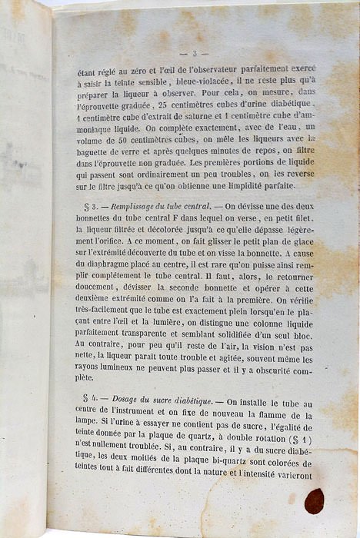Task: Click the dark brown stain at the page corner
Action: point(314,500)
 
